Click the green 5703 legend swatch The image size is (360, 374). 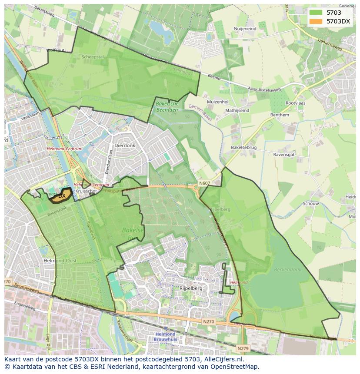click(316, 13)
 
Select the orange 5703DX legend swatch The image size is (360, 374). click(316, 21)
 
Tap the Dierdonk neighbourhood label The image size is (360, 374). click(124, 146)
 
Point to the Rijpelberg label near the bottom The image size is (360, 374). click(191, 288)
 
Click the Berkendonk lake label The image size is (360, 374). click(287, 269)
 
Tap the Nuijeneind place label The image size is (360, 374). click(245, 29)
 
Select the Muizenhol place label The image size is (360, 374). click(218, 102)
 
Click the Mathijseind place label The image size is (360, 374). click(237, 110)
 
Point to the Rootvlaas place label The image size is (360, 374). click(295, 103)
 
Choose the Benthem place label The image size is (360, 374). click(280, 115)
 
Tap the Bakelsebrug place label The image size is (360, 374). click(243, 148)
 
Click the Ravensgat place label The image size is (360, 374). click(284, 154)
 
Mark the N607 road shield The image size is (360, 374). click(204, 183)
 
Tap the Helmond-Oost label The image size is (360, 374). click(54, 261)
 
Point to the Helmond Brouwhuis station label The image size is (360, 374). click(165, 337)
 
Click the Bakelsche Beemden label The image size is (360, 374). click(167, 107)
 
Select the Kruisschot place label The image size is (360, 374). click(86, 191)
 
